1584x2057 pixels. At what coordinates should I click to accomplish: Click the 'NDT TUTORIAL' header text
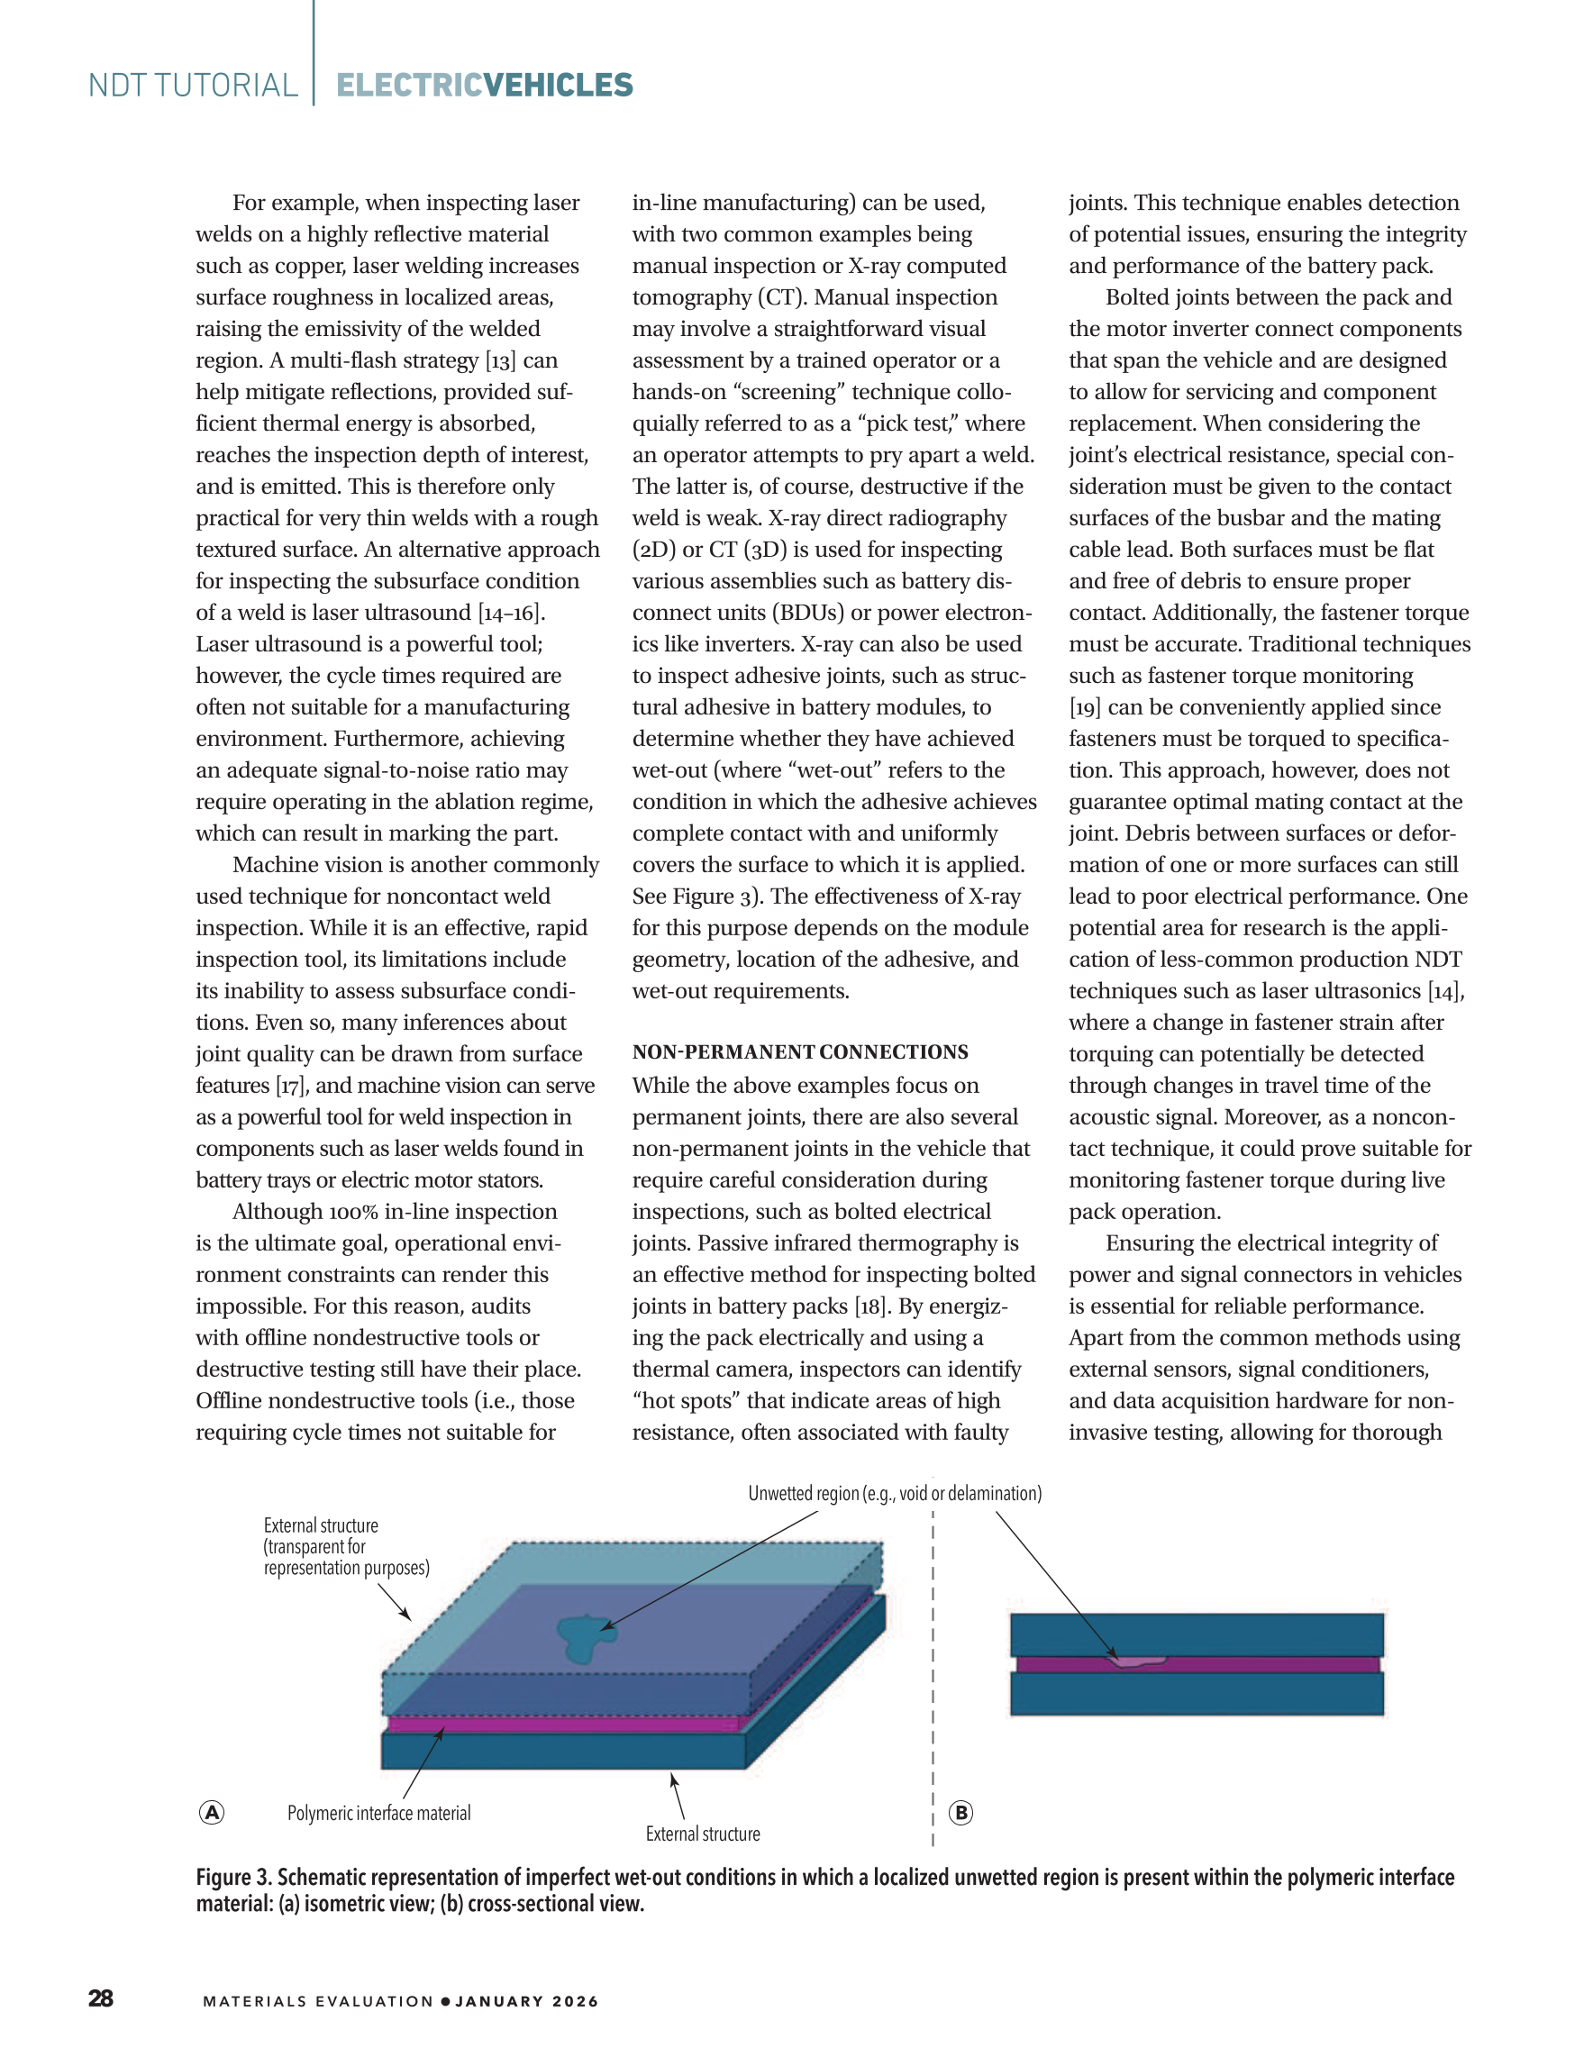point(193,86)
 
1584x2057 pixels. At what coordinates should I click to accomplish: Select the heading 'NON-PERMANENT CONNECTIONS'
point(799,1052)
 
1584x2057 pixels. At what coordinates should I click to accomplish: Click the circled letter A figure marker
point(212,1813)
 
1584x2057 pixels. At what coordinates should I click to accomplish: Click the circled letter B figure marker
point(960,1813)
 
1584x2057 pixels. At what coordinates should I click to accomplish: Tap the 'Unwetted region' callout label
point(895,1494)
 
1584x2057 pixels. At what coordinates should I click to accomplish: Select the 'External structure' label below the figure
point(703,1834)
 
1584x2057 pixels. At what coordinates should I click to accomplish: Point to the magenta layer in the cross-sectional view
point(1271,1665)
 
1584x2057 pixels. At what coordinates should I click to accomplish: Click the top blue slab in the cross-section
point(1196,1634)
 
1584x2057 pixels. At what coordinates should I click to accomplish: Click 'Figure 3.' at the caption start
point(232,1878)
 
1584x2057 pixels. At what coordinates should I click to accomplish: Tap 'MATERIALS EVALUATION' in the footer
point(318,2001)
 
